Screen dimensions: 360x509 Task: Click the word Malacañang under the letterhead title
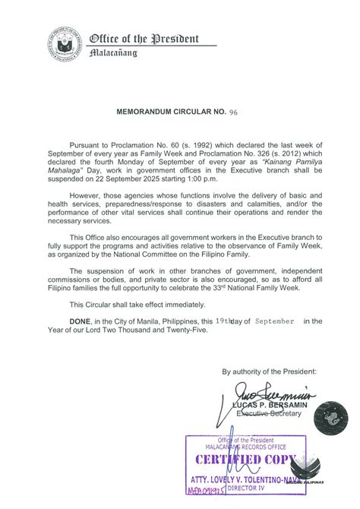[113, 54]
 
